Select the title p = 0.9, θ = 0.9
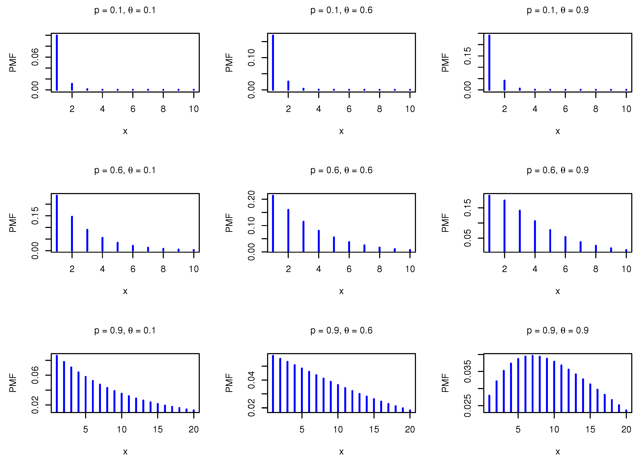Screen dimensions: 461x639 coord(558,330)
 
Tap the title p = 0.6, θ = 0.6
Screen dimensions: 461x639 coord(341,170)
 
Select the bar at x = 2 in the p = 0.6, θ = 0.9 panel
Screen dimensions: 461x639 coord(504,226)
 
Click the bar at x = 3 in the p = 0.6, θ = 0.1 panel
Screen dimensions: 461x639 coord(87,240)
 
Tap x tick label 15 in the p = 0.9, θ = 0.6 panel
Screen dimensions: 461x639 coord(374,429)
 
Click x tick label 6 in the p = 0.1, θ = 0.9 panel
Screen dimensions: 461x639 coord(565,109)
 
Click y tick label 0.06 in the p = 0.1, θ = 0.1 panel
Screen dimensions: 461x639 coord(35,57)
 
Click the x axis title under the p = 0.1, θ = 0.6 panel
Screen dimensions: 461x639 coord(341,131)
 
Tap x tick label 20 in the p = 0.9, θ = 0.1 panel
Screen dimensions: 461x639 coord(194,429)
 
